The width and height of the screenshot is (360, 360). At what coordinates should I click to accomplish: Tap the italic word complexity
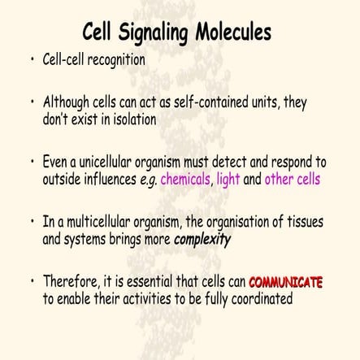coord(202,240)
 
